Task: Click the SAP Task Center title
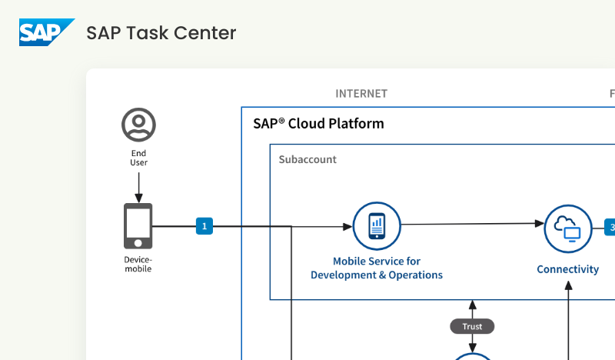point(161,33)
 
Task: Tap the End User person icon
point(138,125)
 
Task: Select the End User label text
point(138,158)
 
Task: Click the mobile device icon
point(138,225)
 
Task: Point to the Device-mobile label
point(138,264)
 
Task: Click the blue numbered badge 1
point(204,226)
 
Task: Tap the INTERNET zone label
point(361,94)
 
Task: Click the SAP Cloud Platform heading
point(318,124)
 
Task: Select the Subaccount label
point(307,160)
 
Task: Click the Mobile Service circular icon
point(377,226)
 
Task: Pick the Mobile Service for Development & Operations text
point(377,268)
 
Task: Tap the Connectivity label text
point(567,269)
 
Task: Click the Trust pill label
point(472,326)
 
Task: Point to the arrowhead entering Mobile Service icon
point(347,226)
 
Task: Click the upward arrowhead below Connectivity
point(569,284)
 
